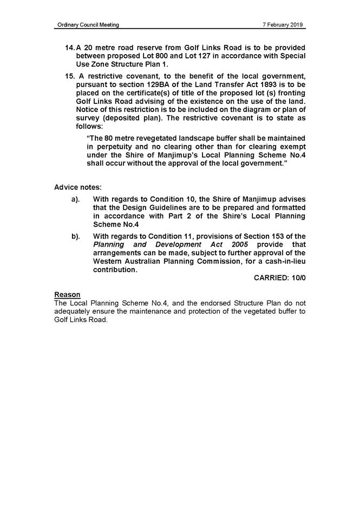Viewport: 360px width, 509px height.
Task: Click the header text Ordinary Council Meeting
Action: click(x=87, y=25)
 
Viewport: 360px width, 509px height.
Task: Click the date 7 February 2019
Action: click(x=283, y=25)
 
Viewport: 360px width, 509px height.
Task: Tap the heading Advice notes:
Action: click(x=78, y=187)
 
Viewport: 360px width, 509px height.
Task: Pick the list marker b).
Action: click(x=76, y=236)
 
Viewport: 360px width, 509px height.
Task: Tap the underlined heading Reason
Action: click(x=67, y=294)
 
